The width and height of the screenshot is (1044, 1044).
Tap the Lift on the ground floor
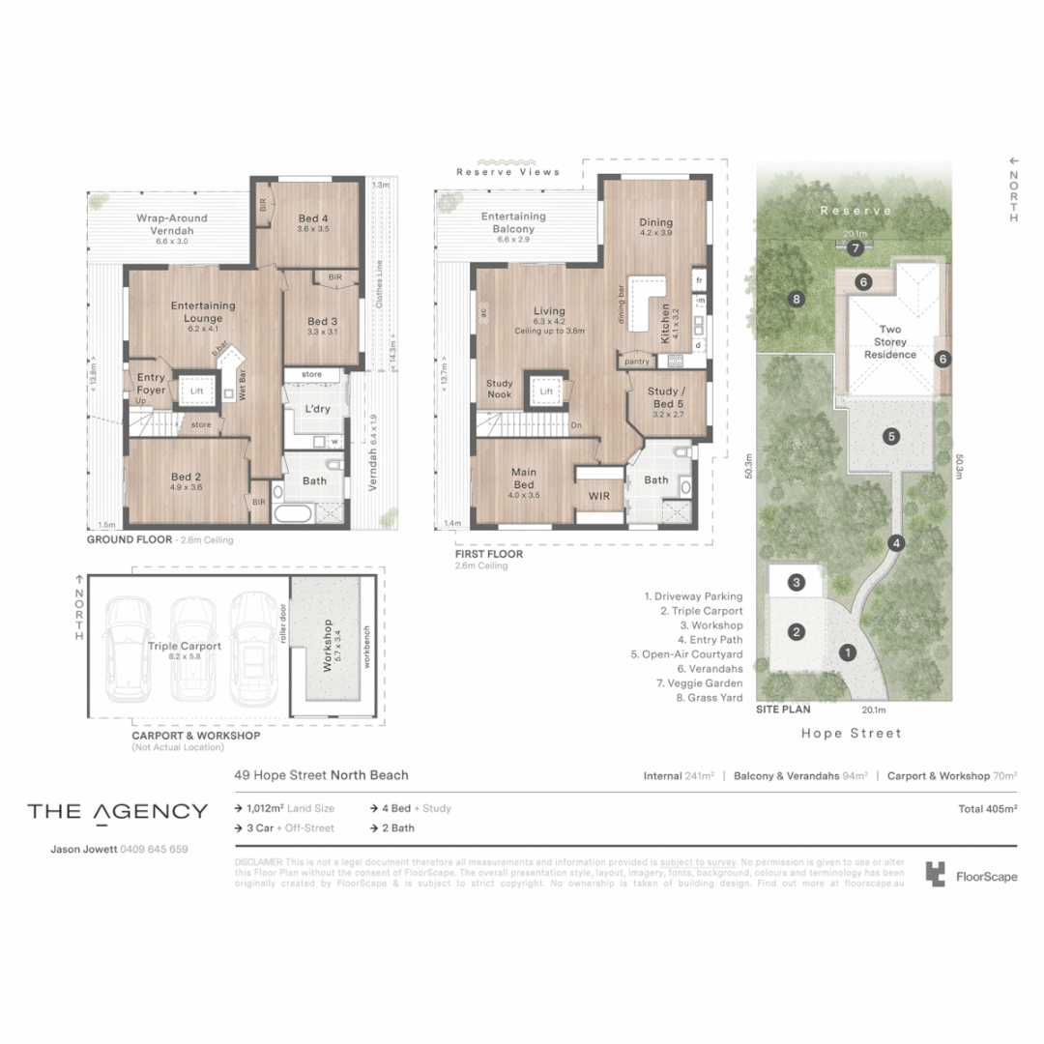197,391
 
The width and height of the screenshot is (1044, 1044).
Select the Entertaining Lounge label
203,312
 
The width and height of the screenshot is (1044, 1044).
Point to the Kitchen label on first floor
665,324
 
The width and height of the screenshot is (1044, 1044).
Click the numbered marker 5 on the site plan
891,436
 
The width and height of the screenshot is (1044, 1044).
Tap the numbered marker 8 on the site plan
796,299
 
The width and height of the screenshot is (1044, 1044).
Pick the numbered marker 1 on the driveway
848,652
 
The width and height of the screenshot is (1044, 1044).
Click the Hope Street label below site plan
852,734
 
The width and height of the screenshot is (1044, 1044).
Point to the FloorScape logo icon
935,875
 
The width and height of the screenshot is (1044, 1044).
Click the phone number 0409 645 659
154,850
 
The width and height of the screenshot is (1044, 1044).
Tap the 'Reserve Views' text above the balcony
507,172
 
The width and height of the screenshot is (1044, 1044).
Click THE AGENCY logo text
117,811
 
